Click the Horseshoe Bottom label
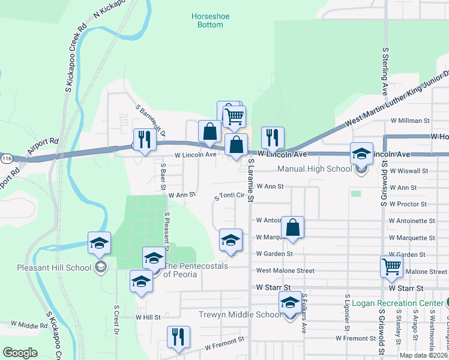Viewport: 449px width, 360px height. pyautogui.click(x=206, y=20)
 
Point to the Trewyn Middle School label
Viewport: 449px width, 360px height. pyautogui.click(x=239, y=314)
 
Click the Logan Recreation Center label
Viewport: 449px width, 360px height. pyautogui.click(x=397, y=302)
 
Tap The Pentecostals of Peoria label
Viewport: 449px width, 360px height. pyautogui.click(x=196, y=270)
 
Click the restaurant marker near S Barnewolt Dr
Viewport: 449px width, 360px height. pyautogui.click(x=144, y=140)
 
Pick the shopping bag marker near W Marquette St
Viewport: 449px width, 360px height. pyautogui.click(x=292, y=228)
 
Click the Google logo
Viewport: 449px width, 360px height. pyautogui.click(x=20, y=353)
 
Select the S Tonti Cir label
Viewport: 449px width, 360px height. pyautogui.click(x=229, y=196)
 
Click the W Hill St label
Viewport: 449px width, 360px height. pyautogui.click(x=148, y=317)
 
